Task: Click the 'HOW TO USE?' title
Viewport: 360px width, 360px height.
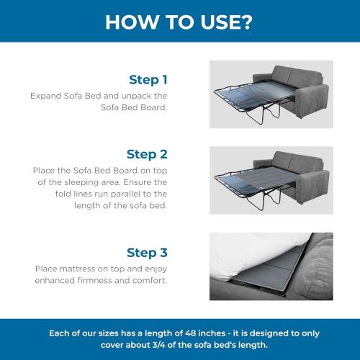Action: click(179, 21)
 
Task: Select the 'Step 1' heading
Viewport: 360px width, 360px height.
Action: click(148, 79)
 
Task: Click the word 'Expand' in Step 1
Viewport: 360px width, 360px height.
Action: click(46, 95)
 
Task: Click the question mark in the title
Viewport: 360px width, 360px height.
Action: click(246, 21)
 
